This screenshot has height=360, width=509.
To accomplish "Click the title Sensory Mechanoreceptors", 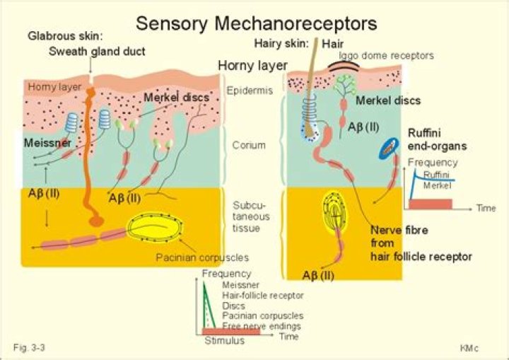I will point(256,23).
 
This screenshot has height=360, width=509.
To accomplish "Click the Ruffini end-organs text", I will point(433,139).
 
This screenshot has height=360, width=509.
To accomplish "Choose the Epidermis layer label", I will point(250,91).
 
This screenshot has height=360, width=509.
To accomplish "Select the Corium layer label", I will point(249,145).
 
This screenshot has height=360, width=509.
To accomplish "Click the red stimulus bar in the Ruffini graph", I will point(430,204).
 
